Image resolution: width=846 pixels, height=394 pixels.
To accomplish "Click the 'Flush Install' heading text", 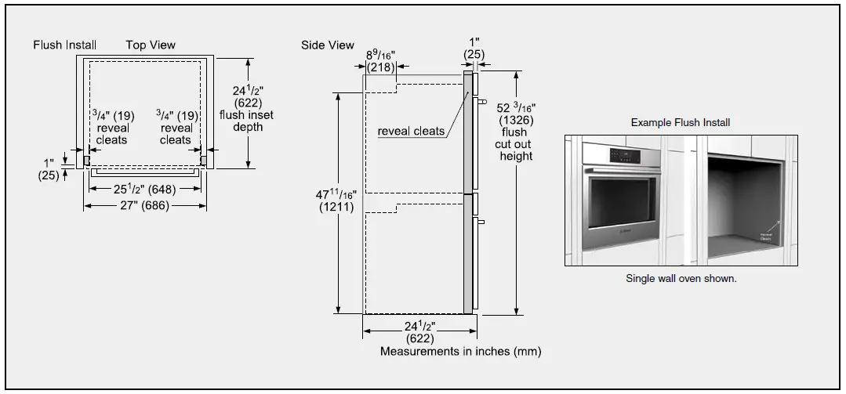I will (x=64, y=45).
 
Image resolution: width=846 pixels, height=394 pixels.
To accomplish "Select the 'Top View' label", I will (x=151, y=45).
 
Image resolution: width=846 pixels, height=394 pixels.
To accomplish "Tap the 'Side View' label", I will (x=327, y=45).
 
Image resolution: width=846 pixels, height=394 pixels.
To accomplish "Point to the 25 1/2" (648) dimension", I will (x=144, y=189).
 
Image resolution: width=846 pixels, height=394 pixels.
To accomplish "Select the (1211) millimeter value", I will (x=336, y=208).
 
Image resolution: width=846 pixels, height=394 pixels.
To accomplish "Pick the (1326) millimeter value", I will (x=516, y=120).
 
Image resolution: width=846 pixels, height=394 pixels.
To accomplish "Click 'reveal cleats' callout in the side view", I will (x=411, y=131).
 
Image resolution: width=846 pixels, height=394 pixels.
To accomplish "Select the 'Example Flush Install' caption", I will (x=681, y=122).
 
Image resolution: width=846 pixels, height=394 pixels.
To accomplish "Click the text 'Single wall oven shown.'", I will (x=681, y=278).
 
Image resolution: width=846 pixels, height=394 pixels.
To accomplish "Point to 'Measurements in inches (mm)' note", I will (x=460, y=351).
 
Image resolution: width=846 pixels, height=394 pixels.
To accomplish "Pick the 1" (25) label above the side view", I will (x=473, y=48).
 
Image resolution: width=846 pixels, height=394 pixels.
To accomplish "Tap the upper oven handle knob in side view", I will (x=481, y=102).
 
